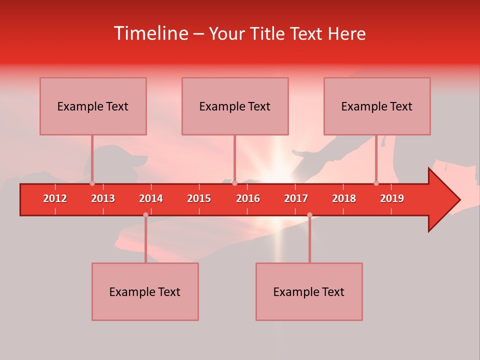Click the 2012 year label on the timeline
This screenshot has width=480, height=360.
(55, 198)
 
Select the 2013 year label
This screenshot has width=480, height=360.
(103, 198)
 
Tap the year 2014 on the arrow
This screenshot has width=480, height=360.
(151, 198)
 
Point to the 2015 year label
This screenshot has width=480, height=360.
(199, 198)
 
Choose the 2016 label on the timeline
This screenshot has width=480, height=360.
(248, 198)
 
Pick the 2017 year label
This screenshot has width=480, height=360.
(296, 198)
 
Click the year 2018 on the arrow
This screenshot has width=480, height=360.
(344, 198)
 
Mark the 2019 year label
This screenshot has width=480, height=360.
(392, 198)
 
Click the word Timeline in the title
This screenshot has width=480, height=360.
(150, 33)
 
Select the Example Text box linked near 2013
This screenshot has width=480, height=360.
(93, 106)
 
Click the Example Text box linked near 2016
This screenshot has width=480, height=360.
(235, 106)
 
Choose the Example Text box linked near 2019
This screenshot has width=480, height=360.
(377, 106)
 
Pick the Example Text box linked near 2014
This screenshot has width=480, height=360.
(145, 291)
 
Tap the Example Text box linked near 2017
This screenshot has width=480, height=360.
(309, 291)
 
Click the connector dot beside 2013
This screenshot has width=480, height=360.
(92, 183)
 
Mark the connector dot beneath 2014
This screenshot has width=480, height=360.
(145, 214)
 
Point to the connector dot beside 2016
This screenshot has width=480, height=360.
(234, 183)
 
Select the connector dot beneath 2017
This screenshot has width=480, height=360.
(309, 214)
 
